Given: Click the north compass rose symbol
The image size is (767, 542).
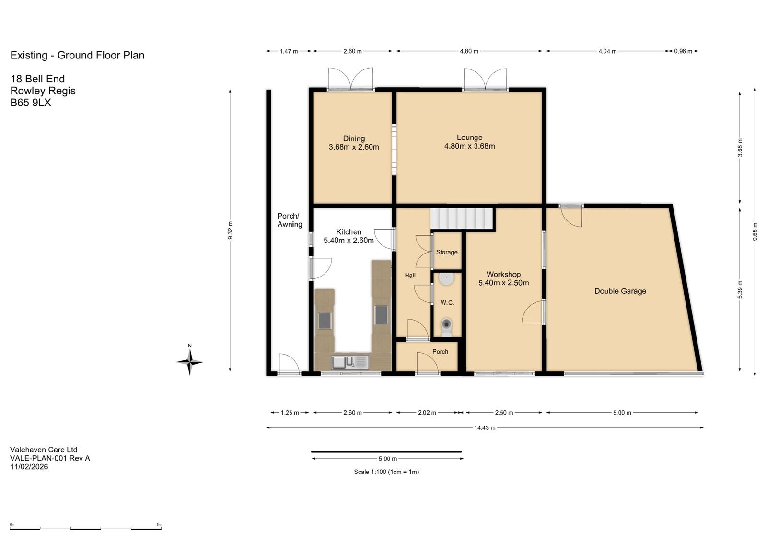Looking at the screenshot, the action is coord(190,361).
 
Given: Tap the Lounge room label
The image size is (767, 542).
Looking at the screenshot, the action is coord(469,142).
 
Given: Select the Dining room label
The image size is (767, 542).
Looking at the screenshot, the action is coord(354,143).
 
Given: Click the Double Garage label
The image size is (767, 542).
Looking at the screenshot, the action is coord(620,291).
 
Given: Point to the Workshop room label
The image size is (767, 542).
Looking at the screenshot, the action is coord(503,278).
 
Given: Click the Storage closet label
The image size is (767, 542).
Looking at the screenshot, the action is coord(446,252).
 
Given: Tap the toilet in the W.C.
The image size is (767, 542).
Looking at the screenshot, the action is coord(446,327).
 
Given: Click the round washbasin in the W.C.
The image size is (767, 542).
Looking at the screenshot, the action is coord(446,279).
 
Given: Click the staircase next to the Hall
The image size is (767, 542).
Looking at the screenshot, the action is coord(462,219).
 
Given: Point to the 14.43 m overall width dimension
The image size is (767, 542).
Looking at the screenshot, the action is coord(485,427).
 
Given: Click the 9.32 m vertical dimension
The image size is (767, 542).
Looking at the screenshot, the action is coord(230,231).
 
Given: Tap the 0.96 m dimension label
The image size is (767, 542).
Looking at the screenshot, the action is coord(683,51).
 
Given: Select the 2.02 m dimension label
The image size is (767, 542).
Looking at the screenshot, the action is coord(427,413).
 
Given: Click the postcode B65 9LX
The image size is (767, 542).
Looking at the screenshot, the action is coord(31,103).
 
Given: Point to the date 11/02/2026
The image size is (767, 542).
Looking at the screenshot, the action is coord(29,466).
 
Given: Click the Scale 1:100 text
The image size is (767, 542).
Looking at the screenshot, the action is coord(386,472).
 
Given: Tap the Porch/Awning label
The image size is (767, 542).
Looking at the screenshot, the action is coord(290,220).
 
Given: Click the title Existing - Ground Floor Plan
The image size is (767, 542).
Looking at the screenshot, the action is coord(77,55).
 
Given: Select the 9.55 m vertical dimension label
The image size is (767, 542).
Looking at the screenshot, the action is coord(755,232).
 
